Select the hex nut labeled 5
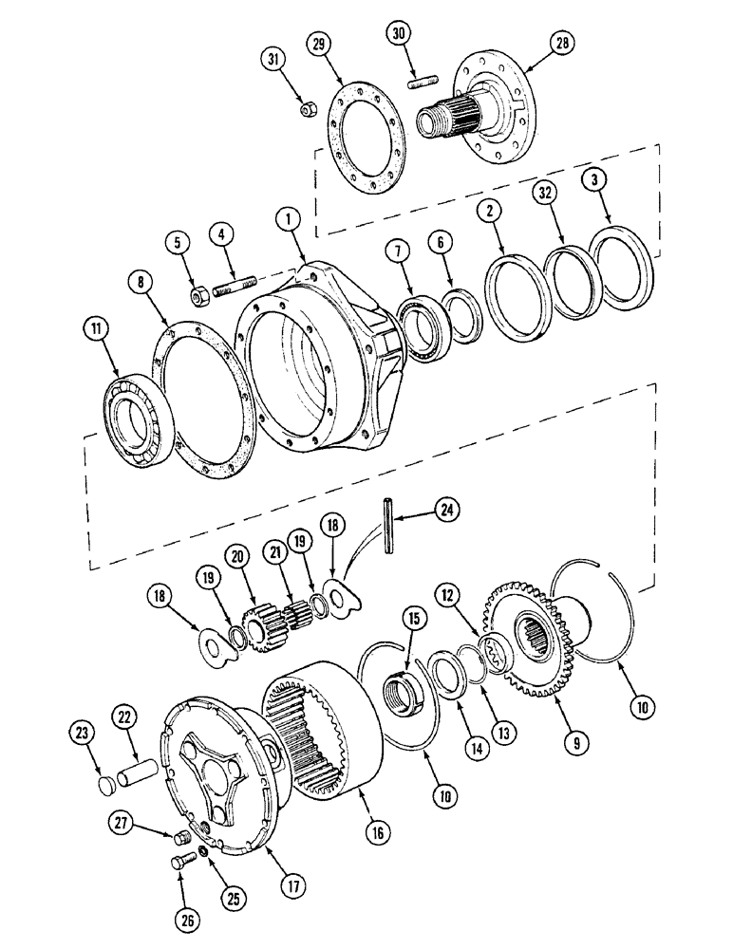point(199,298)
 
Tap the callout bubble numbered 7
point(398,252)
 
